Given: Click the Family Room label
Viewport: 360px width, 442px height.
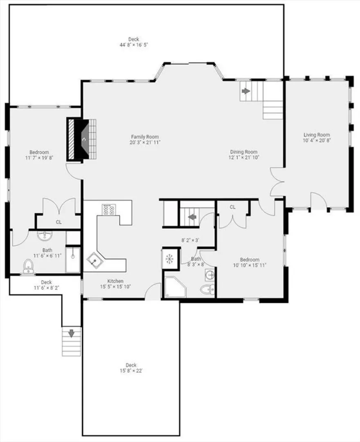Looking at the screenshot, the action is [145, 137].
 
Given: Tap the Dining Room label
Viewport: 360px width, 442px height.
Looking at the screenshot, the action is [244, 152].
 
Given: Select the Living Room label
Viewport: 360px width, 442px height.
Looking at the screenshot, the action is [317, 135].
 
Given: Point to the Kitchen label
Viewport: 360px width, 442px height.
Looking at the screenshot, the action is [115, 281].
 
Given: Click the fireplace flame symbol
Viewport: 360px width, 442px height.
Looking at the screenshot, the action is [84, 139].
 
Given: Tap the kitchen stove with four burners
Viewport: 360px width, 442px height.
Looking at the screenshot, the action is [109, 210].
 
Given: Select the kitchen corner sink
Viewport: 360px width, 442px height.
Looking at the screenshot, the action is [94, 261].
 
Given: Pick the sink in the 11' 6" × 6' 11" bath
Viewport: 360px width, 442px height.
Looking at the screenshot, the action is [45, 236].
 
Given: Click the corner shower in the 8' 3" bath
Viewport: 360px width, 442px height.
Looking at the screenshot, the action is [175, 287].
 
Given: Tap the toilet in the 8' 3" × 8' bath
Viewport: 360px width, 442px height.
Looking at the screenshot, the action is [207, 289].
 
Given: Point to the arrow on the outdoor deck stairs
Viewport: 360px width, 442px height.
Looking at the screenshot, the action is [71, 334].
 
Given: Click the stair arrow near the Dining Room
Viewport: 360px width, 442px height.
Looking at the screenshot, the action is [246, 91].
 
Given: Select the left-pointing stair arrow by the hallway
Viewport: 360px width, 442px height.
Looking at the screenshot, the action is [192, 217].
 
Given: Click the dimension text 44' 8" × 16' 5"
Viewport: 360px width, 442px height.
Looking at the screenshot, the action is [134, 45].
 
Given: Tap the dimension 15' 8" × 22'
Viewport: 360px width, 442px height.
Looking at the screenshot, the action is [131, 371].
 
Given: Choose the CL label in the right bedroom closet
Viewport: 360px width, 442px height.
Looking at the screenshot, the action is [232, 207].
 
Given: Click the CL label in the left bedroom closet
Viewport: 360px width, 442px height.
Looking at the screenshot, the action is [59, 222].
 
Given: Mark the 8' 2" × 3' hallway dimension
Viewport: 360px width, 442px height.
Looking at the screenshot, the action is [190, 241].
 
